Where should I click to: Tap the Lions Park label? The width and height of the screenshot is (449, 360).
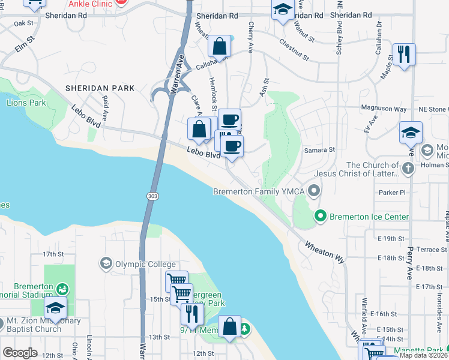26,103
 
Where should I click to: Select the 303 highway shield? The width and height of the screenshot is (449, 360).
151,196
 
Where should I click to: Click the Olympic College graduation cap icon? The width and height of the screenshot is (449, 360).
106,264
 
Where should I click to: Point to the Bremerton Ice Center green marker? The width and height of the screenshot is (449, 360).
321,216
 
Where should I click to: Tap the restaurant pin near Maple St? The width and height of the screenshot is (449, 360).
404,55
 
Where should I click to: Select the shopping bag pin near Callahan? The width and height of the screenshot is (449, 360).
220,46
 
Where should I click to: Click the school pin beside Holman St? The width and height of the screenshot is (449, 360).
411,133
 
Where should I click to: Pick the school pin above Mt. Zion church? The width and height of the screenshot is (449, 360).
55,308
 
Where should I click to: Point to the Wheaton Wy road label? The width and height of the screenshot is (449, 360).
325,253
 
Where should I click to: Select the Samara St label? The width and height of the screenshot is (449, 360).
319,149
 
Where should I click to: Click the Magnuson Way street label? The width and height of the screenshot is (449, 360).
384,109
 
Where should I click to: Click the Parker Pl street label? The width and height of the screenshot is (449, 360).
393,193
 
